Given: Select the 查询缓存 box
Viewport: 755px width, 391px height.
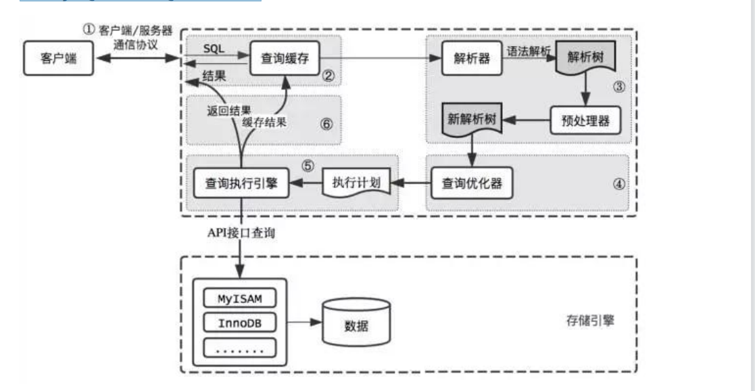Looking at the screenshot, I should tap(285, 58).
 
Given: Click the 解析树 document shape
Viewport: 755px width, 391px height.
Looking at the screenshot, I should tap(585, 60).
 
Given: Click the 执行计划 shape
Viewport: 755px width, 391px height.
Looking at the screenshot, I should tap(357, 183).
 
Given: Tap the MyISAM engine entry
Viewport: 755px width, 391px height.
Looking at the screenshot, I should tap(239, 298).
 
